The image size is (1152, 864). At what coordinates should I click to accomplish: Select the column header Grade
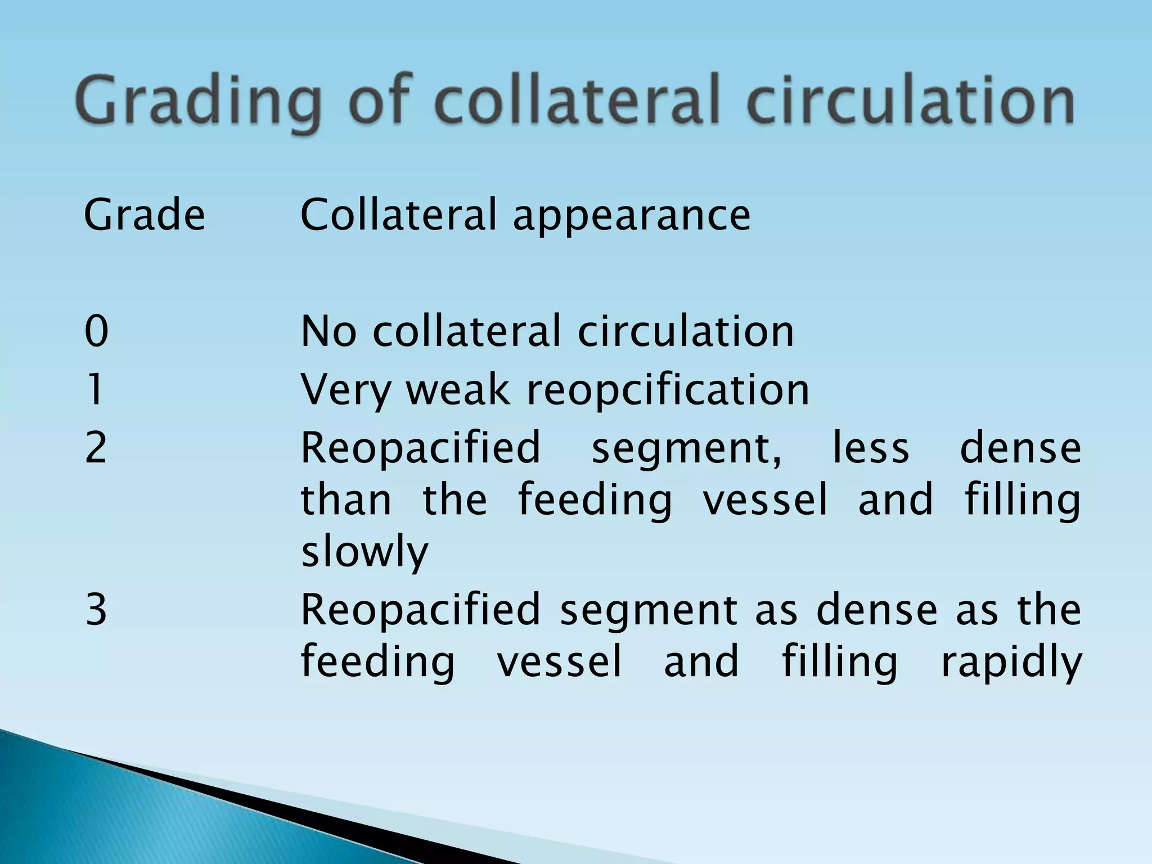coord(145,215)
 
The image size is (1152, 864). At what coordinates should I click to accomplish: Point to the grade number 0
coord(96,331)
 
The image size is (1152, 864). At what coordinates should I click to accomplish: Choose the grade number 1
coord(96,389)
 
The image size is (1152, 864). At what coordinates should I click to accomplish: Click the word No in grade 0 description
coord(328,331)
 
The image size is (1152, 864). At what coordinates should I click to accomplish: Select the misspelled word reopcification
coord(668,390)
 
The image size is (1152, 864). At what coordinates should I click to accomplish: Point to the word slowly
coord(364,552)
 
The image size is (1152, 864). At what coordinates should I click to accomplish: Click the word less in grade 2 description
coord(871,448)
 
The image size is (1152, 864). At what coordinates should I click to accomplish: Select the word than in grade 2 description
coord(346,499)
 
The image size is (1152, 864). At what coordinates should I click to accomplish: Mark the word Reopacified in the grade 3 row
coord(420,610)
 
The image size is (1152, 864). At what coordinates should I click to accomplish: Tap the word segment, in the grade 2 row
coord(686,448)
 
